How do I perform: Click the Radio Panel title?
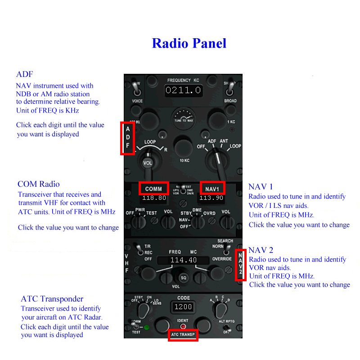click(189, 43)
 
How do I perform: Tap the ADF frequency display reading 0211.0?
click(183, 90)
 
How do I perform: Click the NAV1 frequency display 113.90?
click(211, 198)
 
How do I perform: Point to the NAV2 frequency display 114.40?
click(183, 260)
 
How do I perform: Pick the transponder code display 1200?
click(183, 307)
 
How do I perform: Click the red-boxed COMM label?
click(153, 189)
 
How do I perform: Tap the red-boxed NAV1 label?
click(212, 189)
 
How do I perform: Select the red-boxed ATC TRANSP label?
click(183, 336)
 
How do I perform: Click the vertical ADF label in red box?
click(127, 137)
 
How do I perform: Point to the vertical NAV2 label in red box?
click(241, 265)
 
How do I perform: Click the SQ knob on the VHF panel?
click(183, 278)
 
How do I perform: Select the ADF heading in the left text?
click(24, 75)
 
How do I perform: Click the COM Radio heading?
click(38, 184)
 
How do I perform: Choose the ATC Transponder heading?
click(52, 299)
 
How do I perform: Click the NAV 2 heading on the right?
click(261, 250)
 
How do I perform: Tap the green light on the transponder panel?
click(146, 327)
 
